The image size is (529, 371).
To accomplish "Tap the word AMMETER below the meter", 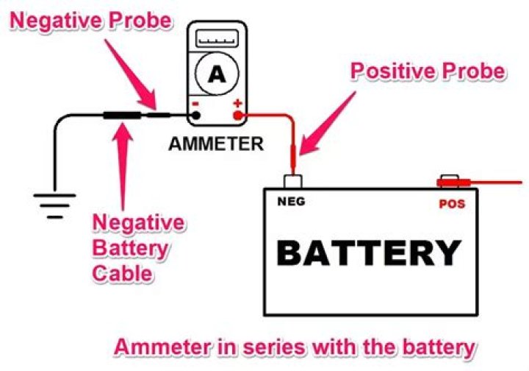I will click(x=216, y=143).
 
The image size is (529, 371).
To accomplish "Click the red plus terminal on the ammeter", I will click(x=237, y=115).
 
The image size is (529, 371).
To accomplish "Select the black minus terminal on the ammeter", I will click(x=195, y=115).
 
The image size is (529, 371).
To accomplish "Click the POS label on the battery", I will click(x=452, y=204).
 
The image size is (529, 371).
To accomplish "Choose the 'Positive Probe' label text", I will click(x=428, y=71).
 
